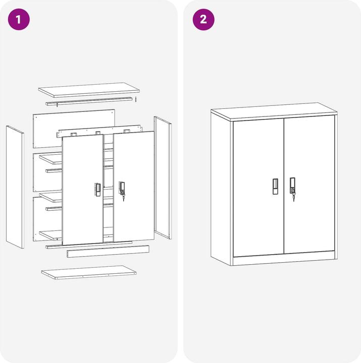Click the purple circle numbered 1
coord(19,20)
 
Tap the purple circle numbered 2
coord(203,20)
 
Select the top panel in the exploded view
coord(89,90)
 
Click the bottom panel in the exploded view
coord(89,272)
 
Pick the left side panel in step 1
coord(15,187)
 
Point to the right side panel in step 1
coord(163,177)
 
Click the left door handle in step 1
coord(97,190)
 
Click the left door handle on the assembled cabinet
coord(275,187)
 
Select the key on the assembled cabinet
coord(294,198)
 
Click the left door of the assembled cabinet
coord(259,188)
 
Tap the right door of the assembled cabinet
coord(310,185)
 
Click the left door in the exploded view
coord(82,190)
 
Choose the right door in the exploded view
coord(134,187)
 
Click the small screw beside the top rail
coord(136,99)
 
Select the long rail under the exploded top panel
coord(89,101)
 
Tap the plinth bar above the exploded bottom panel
coord(108,252)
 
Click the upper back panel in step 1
coord(74,129)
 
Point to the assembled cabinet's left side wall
coord(221,187)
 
